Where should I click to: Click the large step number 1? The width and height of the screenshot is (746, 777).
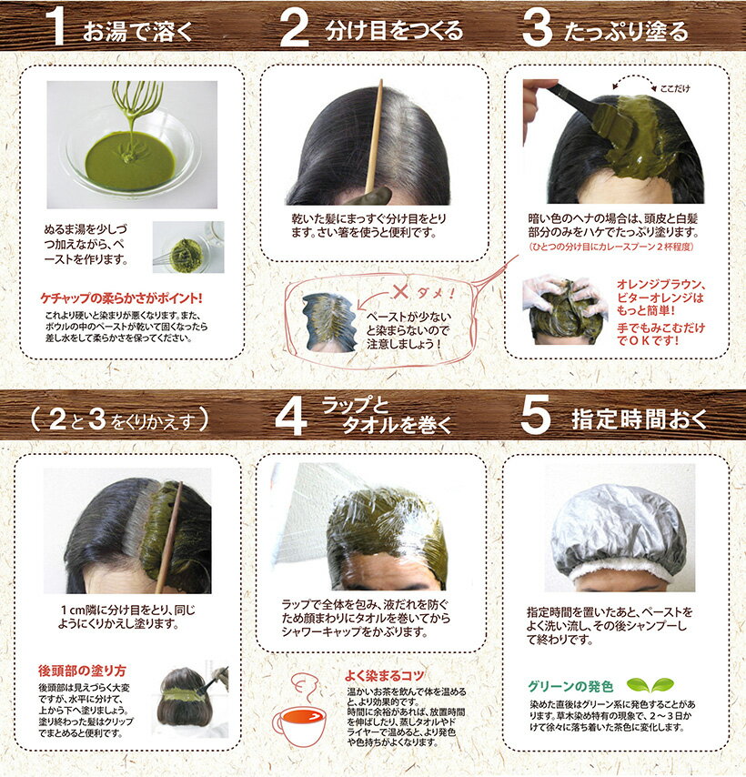click(57, 26)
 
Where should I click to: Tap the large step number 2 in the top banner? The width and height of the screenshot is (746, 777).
click(295, 27)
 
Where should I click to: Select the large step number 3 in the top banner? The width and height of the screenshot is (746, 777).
click(537, 27)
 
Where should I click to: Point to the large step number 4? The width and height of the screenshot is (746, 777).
click(291, 417)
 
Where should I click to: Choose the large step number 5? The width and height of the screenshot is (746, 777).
click(536, 415)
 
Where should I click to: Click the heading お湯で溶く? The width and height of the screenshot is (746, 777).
click(137, 31)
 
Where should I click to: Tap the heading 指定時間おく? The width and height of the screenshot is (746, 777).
click(639, 419)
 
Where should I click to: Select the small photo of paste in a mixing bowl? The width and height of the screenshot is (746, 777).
click(188, 247)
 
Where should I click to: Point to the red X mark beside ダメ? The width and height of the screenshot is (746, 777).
click(399, 292)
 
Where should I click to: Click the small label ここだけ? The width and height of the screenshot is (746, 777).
click(675, 88)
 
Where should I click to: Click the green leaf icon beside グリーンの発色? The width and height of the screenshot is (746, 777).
click(650, 685)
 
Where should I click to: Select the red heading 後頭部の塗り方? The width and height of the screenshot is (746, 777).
click(82, 671)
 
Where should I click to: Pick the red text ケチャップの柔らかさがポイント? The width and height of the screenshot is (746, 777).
click(121, 298)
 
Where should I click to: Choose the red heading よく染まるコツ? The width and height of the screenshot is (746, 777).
click(385, 675)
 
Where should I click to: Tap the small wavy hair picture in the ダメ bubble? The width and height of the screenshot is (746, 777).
click(329, 321)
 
